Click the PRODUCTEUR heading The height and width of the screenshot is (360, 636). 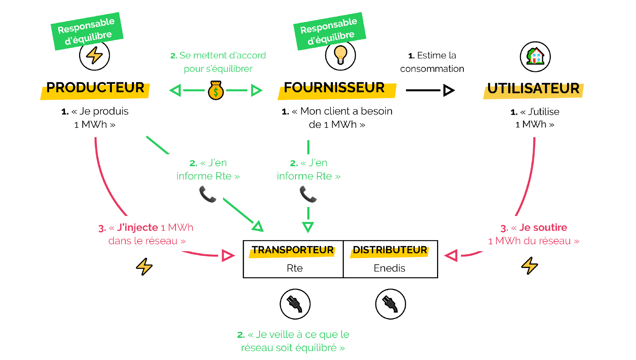(95, 88)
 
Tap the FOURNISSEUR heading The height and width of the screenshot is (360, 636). (334, 88)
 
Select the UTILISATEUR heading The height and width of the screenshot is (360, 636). (533, 88)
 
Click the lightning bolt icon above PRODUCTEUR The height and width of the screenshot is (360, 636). (94, 55)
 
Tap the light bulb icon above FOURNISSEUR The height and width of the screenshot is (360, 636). (340, 55)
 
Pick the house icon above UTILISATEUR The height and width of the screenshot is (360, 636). (535, 56)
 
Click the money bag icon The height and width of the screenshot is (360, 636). (216, 91)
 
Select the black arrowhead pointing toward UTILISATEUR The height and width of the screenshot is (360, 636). (449, 90)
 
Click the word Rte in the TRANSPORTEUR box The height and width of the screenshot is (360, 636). (295, 268)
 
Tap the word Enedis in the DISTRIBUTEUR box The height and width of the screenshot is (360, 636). (389, 268)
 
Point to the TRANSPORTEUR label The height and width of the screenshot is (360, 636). (292, 250)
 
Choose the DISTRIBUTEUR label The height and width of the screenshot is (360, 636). (390, 250)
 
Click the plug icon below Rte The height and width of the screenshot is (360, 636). (295, 304)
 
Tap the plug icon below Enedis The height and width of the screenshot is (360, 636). (391, 304)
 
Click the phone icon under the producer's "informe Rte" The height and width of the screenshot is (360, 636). (208, 194)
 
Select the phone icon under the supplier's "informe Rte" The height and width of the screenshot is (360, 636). (308, 194)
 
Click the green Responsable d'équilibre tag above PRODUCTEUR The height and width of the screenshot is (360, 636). (87, 31)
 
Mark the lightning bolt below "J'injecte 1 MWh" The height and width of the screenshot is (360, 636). (144, 266)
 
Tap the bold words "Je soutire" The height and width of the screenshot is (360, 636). (543, 227)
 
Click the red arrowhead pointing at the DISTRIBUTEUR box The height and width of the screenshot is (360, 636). (451, 256)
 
